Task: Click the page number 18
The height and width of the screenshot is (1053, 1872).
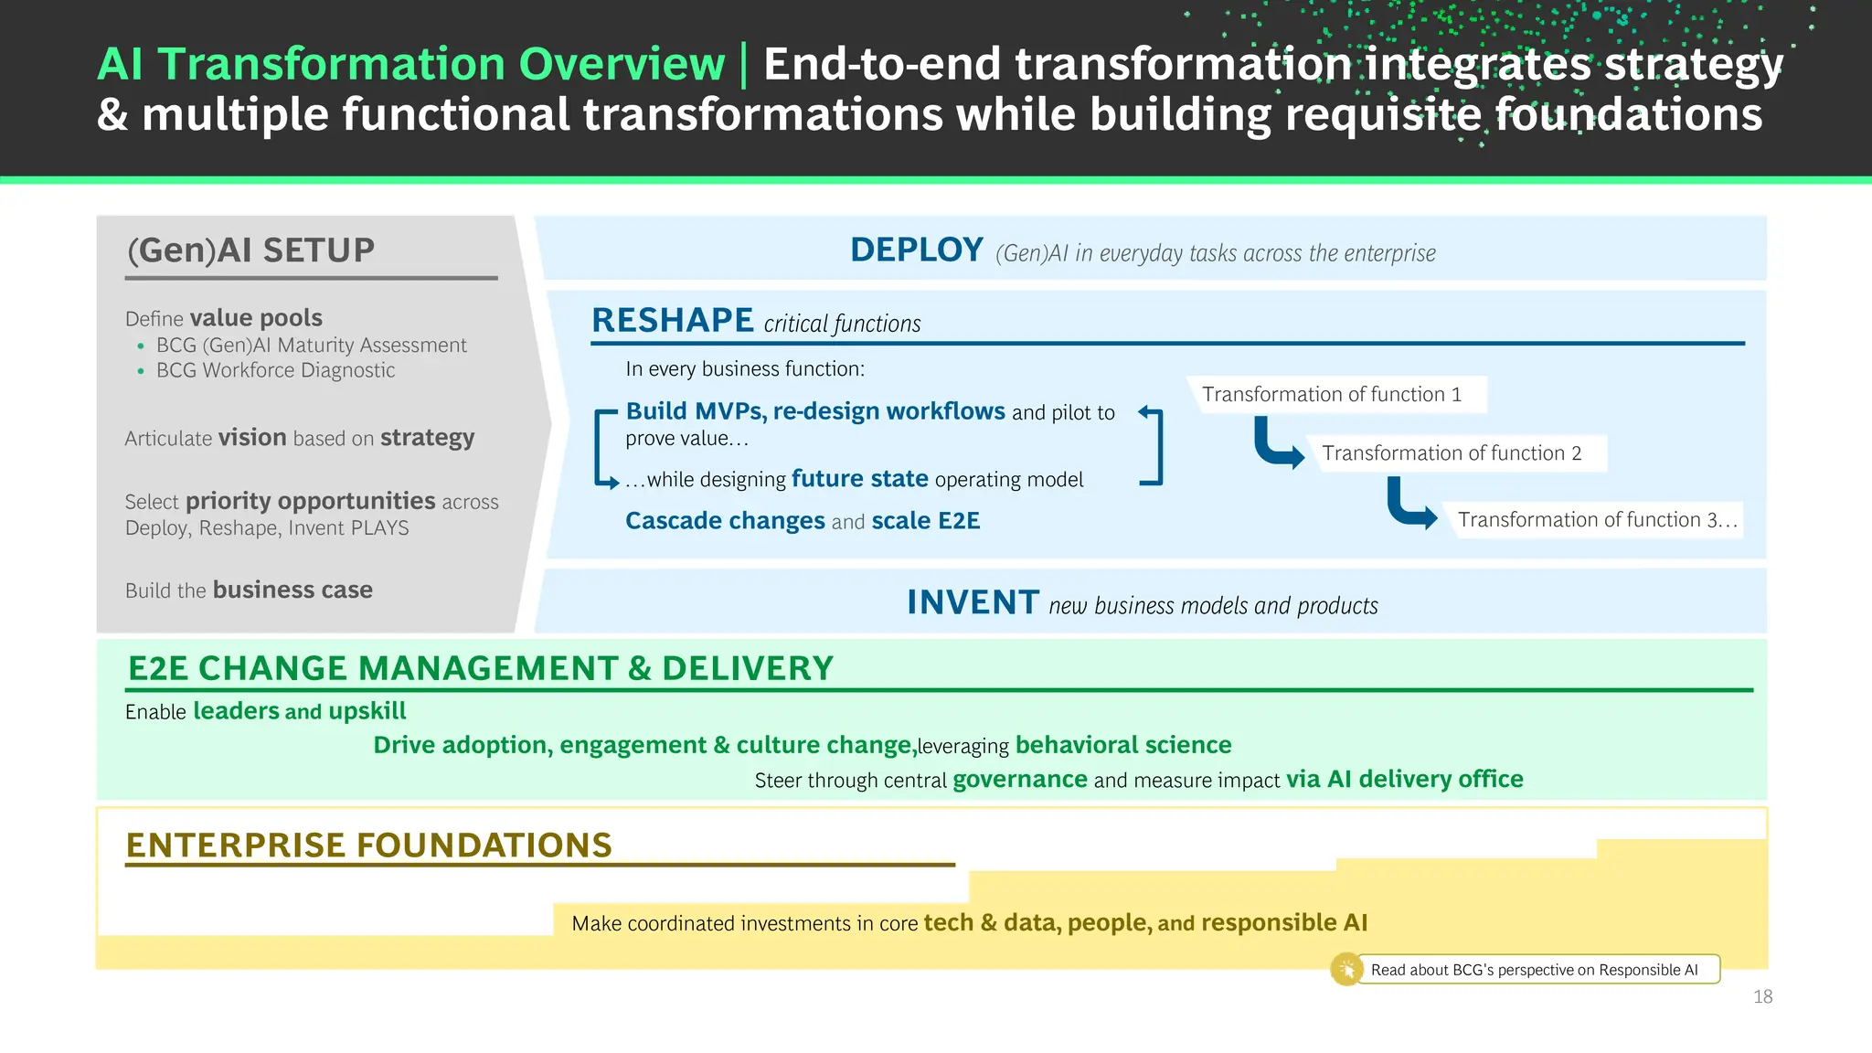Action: [x=1762, y=996]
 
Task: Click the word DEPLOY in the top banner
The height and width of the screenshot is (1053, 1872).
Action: [x=916, y=250]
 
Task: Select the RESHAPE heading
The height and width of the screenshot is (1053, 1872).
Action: [x=672, y=321]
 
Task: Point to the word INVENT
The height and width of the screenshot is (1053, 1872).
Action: [x=972, y=602]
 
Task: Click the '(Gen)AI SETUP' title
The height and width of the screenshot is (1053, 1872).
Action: [x=250, y=250]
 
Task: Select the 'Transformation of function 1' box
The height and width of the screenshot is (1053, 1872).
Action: [x=1331, y=394]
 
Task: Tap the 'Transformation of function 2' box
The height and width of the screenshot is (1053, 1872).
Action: [x=1452, y=453]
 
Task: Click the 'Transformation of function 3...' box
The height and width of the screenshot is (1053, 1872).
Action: [x=1596, y=519]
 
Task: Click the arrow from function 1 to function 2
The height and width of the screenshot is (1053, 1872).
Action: [x=1276, y=445]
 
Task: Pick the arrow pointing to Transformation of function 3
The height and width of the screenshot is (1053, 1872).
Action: [x=1409, y=505]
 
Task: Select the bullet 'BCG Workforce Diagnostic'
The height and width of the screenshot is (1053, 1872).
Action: [x=275, y=370]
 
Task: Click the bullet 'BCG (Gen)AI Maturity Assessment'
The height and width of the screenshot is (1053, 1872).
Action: [x=311, y=346]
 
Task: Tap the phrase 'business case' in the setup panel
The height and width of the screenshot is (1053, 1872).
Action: [x=292, y=590]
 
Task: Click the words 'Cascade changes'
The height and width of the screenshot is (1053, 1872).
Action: [x=725, y=520]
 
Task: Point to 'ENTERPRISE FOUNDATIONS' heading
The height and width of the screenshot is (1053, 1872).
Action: [x=368, y=845]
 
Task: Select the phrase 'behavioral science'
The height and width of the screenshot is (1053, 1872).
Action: [x=1122, y=744]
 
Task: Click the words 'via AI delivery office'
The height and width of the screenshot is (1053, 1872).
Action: [x=1404, y=779]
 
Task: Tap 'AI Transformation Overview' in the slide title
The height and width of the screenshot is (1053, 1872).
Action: [x=410, y=64]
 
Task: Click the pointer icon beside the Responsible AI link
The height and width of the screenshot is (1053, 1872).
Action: [x=1346, y=969]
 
